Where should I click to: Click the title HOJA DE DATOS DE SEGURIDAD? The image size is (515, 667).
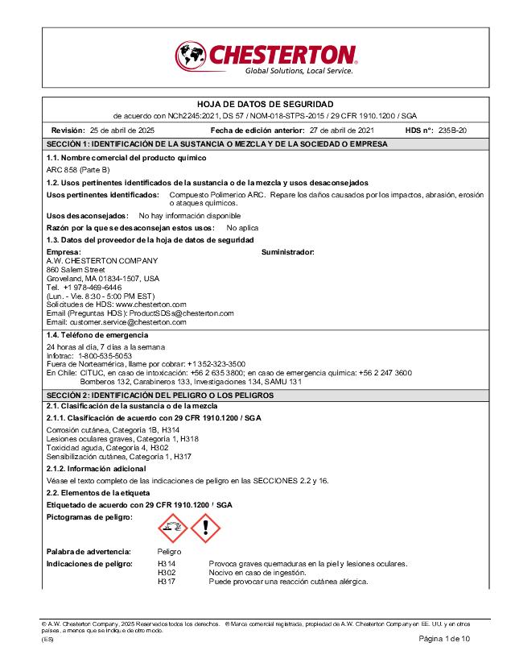(265, 105)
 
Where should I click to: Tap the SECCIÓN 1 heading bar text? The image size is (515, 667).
(216, 143)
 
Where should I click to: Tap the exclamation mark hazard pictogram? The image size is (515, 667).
(205, 527)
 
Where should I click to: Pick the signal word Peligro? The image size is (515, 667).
(169, 552)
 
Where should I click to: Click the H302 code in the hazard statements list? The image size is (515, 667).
(167, 572)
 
